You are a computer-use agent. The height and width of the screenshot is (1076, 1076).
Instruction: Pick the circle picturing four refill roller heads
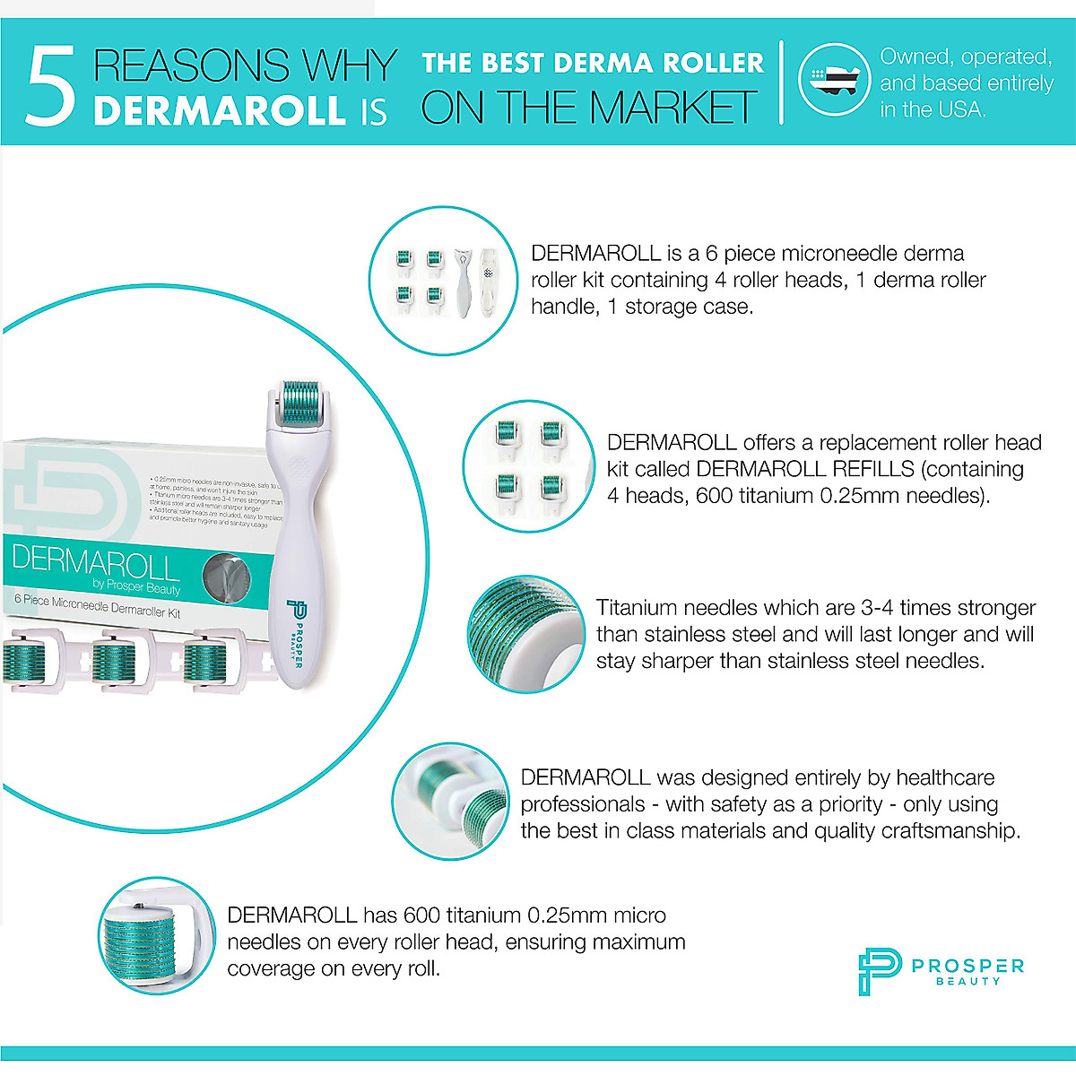pos(529,466)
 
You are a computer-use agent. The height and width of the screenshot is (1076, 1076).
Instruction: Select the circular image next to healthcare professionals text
pos(454,801)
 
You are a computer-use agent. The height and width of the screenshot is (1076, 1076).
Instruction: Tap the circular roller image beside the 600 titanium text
pos(158,935)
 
